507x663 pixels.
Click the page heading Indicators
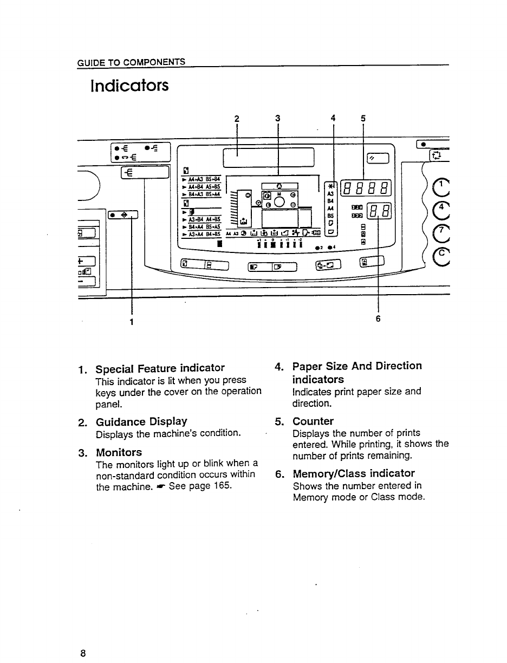(130, 86)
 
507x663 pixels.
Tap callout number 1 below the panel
(131, 321)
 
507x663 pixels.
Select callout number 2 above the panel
(237, 119)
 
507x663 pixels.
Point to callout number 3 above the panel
(277, 119)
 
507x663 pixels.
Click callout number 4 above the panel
(333, 119)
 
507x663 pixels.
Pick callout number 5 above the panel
(362, 119)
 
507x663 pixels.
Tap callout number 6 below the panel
(378, 318)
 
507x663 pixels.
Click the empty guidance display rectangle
(269, 158)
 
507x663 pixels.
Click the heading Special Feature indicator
(160, 368)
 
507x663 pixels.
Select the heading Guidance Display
(141, 421)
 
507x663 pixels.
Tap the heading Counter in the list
(313, 421)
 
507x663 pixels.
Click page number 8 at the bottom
(83, 653)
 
